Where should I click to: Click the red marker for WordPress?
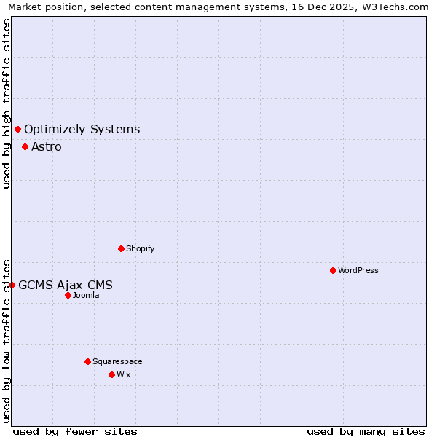coord(333,270)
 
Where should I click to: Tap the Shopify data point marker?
coord(121,248)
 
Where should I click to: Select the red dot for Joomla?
coord(68,295)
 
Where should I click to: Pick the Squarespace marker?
coord(87,361)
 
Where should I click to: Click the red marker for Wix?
coord(111,374)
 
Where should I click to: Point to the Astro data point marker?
coord(25,146)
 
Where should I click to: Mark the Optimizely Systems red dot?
coord(17,129)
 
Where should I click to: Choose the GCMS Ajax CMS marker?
coord(12,285)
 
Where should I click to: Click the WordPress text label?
coord(358,270)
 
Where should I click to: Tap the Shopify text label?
coord(141,248)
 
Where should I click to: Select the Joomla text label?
coord(86,295)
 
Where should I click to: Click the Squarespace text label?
coord(117,361)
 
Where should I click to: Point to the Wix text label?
coord(123,374)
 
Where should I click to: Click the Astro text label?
coord(47,147)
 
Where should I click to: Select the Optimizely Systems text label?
coord(82,130)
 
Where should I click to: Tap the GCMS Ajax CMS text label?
coord(66,286)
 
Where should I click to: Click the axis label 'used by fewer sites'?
coord(75,431)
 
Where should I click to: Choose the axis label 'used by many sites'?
coord(366,431)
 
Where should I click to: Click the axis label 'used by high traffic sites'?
coord(7,103)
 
